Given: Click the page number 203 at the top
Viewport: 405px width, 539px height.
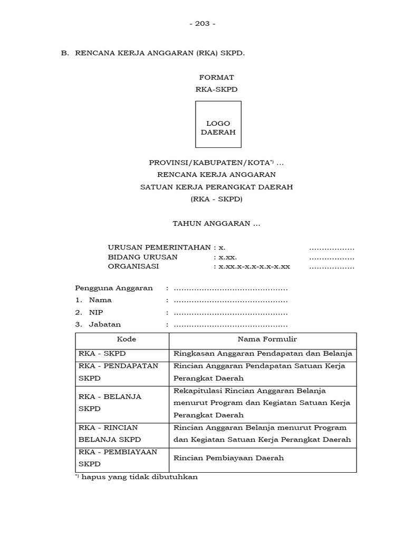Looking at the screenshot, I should coord(202,24).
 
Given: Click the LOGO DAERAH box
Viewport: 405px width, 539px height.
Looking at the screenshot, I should coord(218,124).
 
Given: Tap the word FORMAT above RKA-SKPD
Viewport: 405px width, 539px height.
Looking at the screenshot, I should coord(217,77).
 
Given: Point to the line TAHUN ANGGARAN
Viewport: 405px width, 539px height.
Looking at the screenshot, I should coord(217,224).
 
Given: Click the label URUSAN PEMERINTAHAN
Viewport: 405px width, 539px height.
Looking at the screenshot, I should coord(160,247).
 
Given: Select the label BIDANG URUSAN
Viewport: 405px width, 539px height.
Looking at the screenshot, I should coord(143,257).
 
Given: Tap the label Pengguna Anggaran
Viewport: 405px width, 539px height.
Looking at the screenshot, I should coord(114,288).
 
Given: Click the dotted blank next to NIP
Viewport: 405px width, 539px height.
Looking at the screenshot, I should coord(230,312).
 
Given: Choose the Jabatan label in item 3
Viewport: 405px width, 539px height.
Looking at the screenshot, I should coord(104,324).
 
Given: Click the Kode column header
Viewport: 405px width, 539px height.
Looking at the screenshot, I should coord(122,340).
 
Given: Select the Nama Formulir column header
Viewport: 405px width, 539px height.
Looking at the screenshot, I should coord(263,340).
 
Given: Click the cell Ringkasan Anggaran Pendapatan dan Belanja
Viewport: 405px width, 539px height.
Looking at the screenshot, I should coord(263,353).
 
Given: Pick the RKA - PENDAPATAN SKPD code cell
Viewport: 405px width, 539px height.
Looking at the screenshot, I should coord(118,372).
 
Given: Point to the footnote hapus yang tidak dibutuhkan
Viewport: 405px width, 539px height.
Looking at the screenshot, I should coord(137,477).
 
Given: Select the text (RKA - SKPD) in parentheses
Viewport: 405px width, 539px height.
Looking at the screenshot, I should coord(217,199).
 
